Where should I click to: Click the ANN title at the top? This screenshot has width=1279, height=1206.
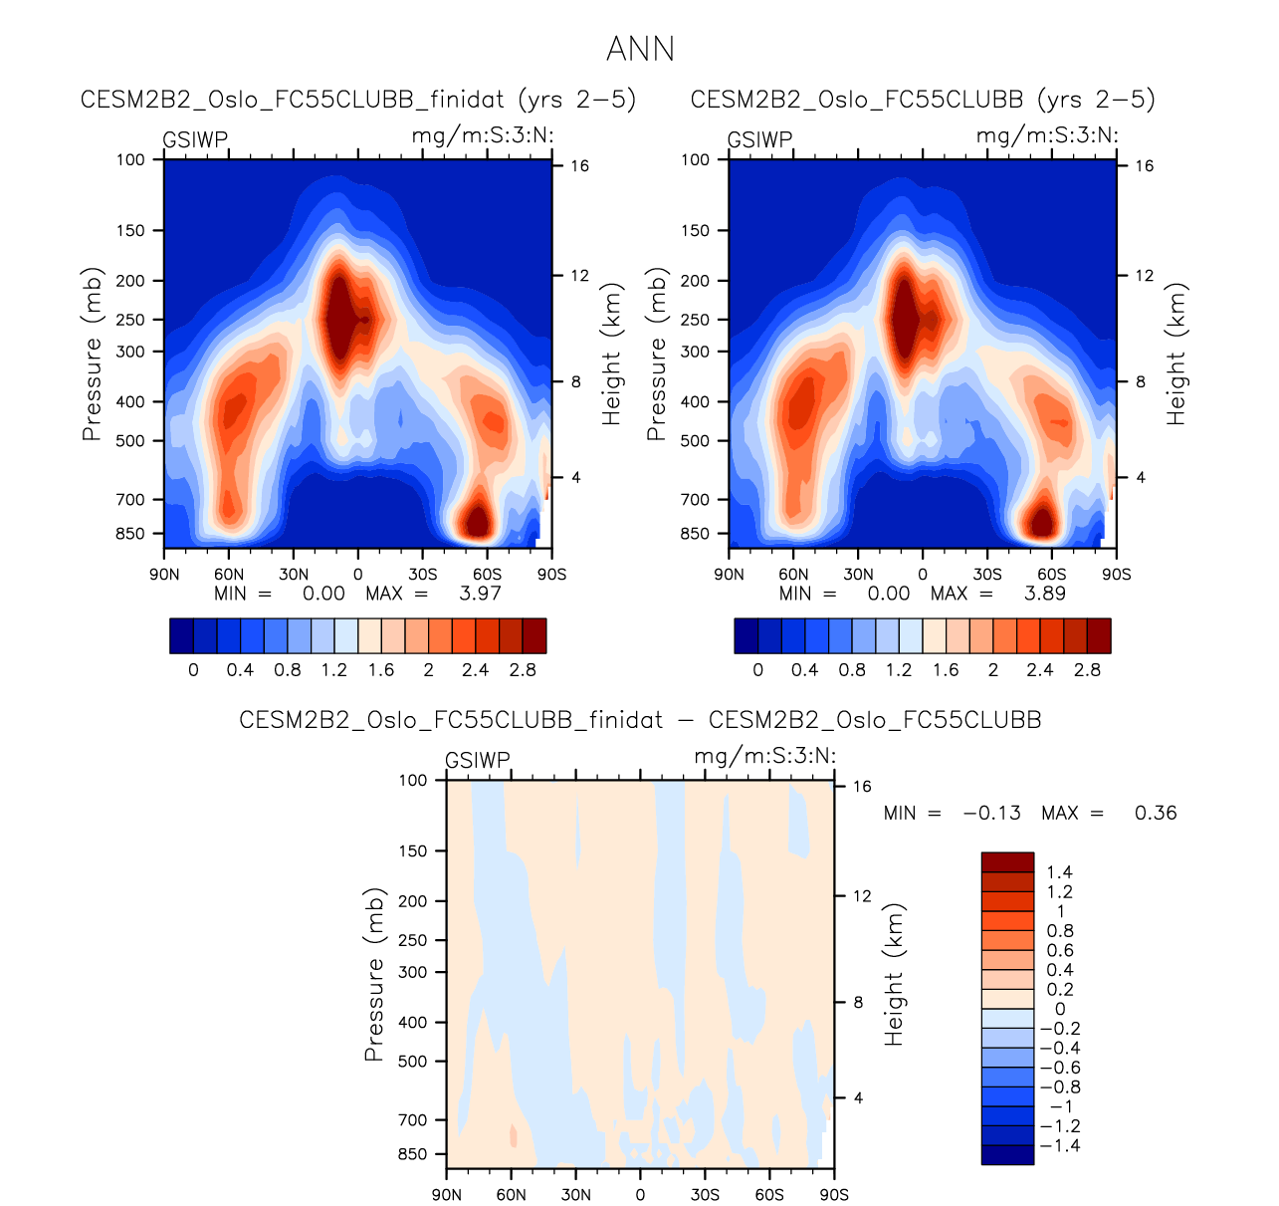(x=640, y=49)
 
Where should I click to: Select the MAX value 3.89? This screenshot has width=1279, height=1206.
(x=1044, y=594)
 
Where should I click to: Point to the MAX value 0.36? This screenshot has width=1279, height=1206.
(x=1156, y=813)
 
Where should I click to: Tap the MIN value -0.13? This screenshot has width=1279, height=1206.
(x=991, y=813)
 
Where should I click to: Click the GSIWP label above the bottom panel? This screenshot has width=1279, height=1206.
(x=478, y=760)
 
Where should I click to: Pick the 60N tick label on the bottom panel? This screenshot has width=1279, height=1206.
(x=511, y=1195)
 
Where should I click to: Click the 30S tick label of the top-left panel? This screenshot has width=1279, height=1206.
(x=423, y=575)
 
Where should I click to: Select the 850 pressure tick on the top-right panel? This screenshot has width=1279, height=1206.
(x=695, y=534)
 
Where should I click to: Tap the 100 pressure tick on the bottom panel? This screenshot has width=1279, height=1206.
(x=413, y=780)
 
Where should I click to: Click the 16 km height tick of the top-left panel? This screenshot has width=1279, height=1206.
(x=579, y=166)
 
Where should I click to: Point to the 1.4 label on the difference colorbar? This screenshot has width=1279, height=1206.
(x=1060, y=872)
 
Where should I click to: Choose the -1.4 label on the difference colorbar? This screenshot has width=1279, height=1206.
(x=1059, y=1145)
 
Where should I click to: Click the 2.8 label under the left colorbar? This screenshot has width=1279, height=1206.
(x=523, y=670)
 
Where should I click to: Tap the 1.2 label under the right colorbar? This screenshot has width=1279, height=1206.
(x=899, y=670)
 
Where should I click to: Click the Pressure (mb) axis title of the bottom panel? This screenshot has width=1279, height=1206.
(x=373, y=974)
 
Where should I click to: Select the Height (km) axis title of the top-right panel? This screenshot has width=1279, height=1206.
(x=1176, y=354)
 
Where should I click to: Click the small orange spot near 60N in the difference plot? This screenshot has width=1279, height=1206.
(x=514, y=1134)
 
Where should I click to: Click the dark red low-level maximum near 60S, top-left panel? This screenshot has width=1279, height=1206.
(x=478, y=521)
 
